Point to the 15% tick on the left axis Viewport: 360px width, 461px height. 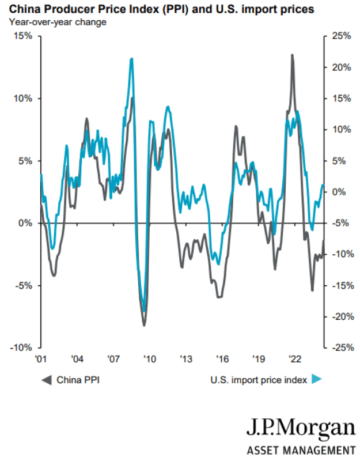[24, 36]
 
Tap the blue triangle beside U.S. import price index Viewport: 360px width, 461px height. [316, 379]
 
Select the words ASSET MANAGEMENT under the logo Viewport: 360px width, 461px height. [301, 450]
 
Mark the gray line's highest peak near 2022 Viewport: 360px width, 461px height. [292, 55]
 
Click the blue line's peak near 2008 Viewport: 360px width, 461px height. [132, 59]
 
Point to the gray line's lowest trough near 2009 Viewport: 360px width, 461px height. [144, 325]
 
